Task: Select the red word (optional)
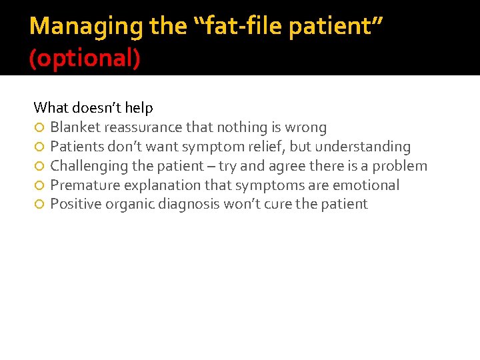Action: (85, 59)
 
